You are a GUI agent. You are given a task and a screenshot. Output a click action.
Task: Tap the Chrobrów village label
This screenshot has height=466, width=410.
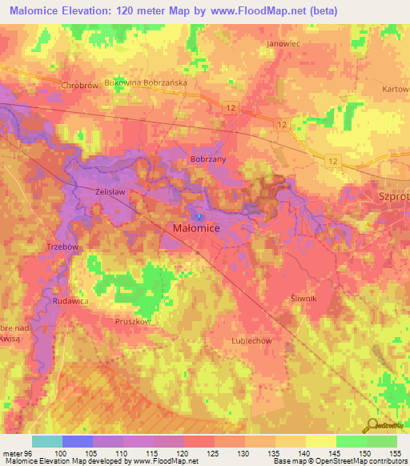point(78,84)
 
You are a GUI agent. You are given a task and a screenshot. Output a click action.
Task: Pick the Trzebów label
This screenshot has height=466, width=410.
point(62,247)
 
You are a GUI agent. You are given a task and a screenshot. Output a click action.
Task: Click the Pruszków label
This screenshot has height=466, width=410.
point(134,320)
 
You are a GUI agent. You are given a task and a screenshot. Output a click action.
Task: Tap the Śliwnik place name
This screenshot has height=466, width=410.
point(304,298)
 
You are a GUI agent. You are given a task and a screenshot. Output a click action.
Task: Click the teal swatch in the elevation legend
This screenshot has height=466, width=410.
point(47,441)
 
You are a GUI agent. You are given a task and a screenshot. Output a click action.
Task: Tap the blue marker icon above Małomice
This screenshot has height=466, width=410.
point(198,215)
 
